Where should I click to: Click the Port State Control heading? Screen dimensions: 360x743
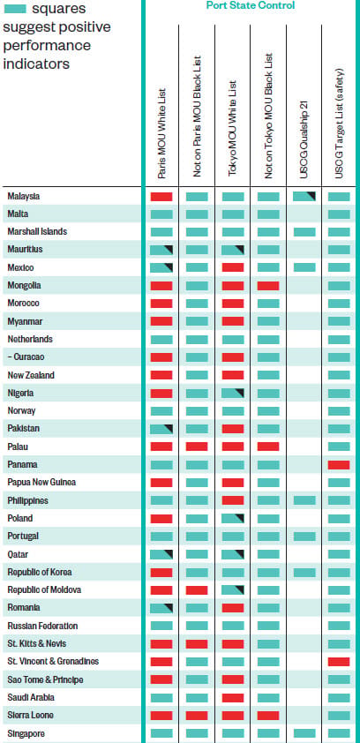click(250, 5)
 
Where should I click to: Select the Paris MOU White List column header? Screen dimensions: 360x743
click(161, 133)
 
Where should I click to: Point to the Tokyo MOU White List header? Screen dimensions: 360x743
click(232, 129)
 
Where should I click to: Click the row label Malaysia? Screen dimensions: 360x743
click(24, 196)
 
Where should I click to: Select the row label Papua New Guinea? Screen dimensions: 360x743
click(41, 482)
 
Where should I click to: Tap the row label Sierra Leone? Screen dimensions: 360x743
click(30, 715)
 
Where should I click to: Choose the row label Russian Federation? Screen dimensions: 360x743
click(42, 626)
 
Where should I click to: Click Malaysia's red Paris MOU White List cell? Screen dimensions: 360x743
click(161, 197)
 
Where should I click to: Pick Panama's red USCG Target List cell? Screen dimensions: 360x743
click(339, 465)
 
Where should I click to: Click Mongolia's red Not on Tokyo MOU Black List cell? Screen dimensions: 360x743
click(268, 286)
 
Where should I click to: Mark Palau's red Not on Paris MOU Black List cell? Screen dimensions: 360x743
click(197, 447)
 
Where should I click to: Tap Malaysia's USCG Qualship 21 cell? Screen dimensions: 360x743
click(304, 197)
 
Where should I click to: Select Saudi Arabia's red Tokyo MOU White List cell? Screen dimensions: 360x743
click(233, 697)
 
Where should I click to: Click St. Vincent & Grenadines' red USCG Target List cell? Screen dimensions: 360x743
click(339, 662)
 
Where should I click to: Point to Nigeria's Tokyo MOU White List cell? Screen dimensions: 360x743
click(233, 393)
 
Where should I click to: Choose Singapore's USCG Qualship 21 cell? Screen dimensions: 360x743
click(304, 733)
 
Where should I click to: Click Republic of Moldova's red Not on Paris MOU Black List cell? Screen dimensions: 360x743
click(197, 590)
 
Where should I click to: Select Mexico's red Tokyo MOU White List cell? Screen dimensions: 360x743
click(233, 267)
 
